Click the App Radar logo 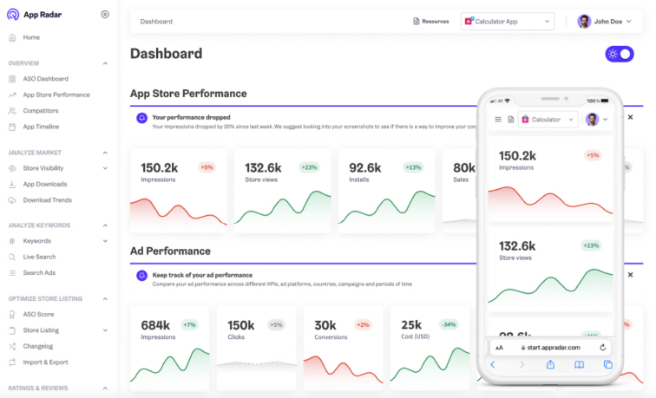pos(36,15)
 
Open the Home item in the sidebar pos(31,37)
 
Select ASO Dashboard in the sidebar pos(45,79)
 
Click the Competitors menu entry pos(41,111)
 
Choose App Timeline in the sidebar pos(41,127)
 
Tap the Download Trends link pos(47,199)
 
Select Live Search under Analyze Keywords pos(39,257)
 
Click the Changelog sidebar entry pos(38,346)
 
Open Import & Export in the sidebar pos(45,362)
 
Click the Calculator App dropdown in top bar pos(508,22)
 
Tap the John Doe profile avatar pos(584,22)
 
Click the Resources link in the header pos(430,22)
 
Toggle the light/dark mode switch pos(619,54)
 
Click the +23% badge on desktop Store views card pos(309,167)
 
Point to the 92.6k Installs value pos(365,168)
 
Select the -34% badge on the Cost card pos(449,325)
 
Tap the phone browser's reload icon pos(602,347)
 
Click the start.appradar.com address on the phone pos(550,347)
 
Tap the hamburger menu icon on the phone pos(498,120)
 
